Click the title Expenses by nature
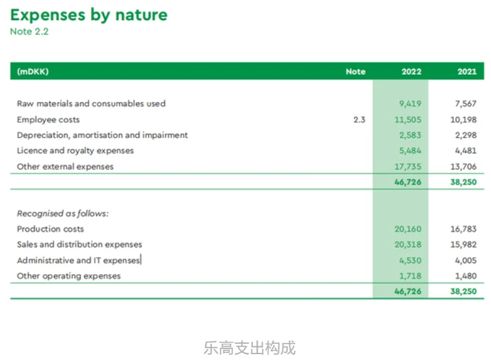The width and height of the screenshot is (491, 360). (x=89, y=15)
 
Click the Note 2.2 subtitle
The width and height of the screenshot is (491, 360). (x=29, y=32)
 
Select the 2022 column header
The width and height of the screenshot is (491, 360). (x=412, y=71)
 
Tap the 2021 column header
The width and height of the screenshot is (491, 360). (x=467, y=71)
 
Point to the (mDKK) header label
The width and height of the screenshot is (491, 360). (x=33, y=71)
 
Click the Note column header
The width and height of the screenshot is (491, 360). (x=356, y=71)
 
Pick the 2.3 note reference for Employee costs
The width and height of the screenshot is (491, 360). (x=359, y=120)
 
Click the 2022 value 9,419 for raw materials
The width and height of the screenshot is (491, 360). (x=410, y=103)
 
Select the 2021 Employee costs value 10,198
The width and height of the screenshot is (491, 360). (x=464, y=120)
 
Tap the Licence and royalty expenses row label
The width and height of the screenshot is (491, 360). (x=75, y=151)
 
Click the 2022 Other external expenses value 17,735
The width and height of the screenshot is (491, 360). (x=408, y=167)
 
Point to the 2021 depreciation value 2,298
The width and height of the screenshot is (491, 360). (x=466, y=135)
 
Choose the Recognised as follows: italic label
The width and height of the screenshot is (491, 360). (x=62, y=214)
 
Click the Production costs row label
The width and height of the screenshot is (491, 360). (x=51, y=229)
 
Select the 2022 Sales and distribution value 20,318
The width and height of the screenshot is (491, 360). (x=408, y=244)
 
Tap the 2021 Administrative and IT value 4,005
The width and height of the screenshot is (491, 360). (x=466, y=261)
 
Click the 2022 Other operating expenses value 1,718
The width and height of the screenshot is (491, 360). (x=410, y=276)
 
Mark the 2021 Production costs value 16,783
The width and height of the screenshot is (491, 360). (x=464, y=229)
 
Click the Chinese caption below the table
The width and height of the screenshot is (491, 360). (x=250, y=348)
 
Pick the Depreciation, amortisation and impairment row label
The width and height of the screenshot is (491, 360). (x=102, y=135)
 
